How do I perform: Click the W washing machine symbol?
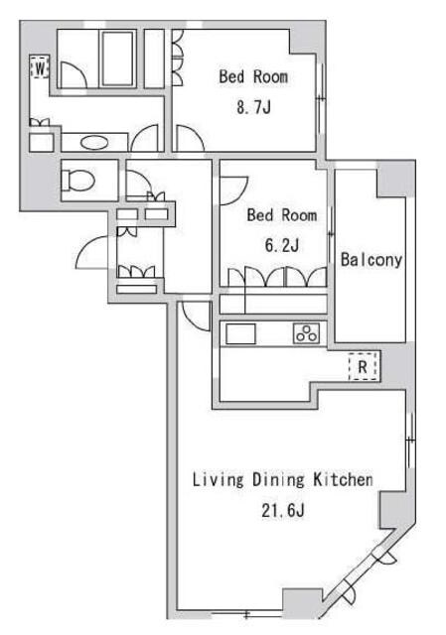click(x=40, y=66)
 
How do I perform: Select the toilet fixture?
click(x=77, y=181)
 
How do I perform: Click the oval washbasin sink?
click(x=94, y=142)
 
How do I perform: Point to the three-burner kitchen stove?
click(x=307, y=333)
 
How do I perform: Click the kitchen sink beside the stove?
click(x=240, y=334)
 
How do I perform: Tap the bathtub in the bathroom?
click(x=118, y=59)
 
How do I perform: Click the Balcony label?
click(x=371, y=260)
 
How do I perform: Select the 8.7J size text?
click(x=253, y=107)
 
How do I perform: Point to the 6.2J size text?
click(x=282, y=245)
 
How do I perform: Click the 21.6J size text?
click(x=283, y=510)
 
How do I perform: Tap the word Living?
click(x=218, y=480)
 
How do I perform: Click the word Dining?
click(x=278, y=480)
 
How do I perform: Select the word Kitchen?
click(x=343, y=480)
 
